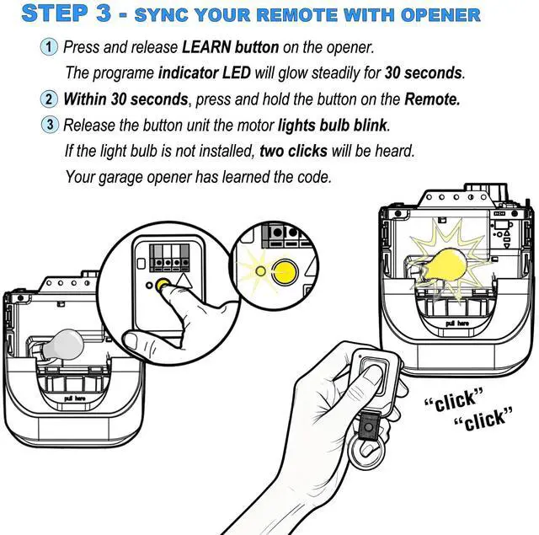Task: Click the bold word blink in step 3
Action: point(369,126)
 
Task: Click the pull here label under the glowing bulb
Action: point(456,323)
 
